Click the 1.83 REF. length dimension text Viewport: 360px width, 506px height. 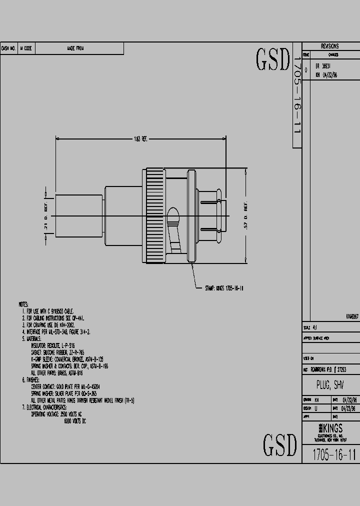(x=140, y=138)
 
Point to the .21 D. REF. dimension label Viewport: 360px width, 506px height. (x=46, y=216)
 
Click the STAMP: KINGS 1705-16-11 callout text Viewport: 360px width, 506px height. (x=224, y=288)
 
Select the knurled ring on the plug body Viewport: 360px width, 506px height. (x=151, y=216)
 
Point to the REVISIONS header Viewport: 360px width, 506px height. (x=329, y=46)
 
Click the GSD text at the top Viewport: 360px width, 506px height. (x=273, y=60)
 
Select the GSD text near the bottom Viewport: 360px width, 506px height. (x=280, y=444)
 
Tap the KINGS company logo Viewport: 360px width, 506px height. (x=329, y=429)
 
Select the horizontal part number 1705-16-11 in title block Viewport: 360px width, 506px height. (x=333, y=454)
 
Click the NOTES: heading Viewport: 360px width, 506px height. (x=23, y=304)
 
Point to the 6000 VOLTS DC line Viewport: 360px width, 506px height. (x=75, y=421)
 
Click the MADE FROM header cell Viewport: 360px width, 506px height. (x=75, y=48)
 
